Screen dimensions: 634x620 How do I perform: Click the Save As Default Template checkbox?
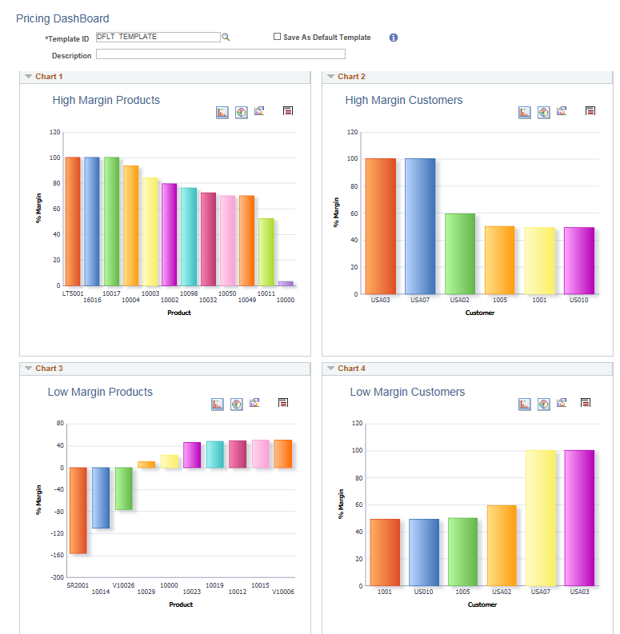277,37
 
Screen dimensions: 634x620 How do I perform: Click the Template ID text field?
157,37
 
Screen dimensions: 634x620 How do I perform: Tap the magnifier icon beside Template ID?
226,37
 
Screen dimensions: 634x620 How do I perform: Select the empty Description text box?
220,54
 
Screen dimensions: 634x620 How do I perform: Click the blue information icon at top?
394,38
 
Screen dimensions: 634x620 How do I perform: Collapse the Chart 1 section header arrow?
28,77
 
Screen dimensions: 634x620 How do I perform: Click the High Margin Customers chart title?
403,100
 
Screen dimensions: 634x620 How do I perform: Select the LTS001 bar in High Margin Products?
73,221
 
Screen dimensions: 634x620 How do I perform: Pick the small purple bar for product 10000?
286,283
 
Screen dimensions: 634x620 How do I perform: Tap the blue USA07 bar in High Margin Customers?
420,225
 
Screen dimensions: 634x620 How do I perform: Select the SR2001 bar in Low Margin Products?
78,510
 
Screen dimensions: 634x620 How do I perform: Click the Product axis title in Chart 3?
181,604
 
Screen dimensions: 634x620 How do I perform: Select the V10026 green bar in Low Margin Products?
123,488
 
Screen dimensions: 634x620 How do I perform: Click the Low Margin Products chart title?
100,392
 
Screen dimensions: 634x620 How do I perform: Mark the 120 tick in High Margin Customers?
352,132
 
